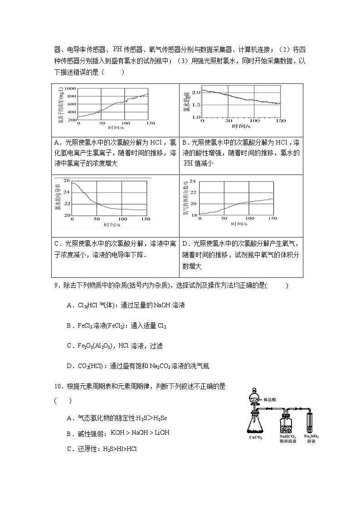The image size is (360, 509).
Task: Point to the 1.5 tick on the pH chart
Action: click(195, 105)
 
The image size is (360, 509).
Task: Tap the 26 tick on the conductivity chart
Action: click(67, 181)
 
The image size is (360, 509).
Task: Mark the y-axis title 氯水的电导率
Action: click(58, 198)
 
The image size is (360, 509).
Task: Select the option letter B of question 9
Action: click(69, 325)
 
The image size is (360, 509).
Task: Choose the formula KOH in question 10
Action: click(118, 433)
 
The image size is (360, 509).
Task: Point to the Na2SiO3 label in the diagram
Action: click(311, 436)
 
